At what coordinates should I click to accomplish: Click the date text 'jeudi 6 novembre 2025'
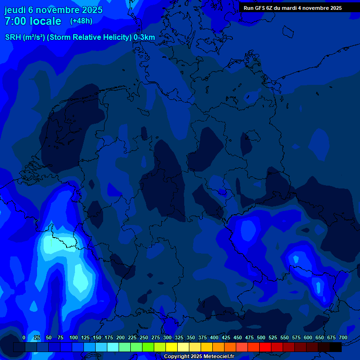click(53, 10)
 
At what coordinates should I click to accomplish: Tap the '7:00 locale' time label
click(33, 21)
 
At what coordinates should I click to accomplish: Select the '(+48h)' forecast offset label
click(81, 21)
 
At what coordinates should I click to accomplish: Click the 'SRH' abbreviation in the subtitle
click(13, 37)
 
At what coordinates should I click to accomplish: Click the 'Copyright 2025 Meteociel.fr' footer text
click(199, 357)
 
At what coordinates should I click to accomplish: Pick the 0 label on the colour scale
click(24, 337)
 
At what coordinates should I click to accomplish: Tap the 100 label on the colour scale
click(74, 337)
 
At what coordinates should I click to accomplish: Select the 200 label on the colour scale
click(120, 337)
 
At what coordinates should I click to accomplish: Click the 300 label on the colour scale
click(167, 337)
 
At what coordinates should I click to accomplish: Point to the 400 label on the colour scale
click(214, 337)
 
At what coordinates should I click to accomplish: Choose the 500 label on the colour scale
click(261, 337)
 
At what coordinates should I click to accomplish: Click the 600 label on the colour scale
click(308, 337)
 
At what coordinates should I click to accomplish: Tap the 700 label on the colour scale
click(343, 337)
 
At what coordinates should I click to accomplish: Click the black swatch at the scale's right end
click(336, 347)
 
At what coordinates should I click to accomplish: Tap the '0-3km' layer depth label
click(144, 37)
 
